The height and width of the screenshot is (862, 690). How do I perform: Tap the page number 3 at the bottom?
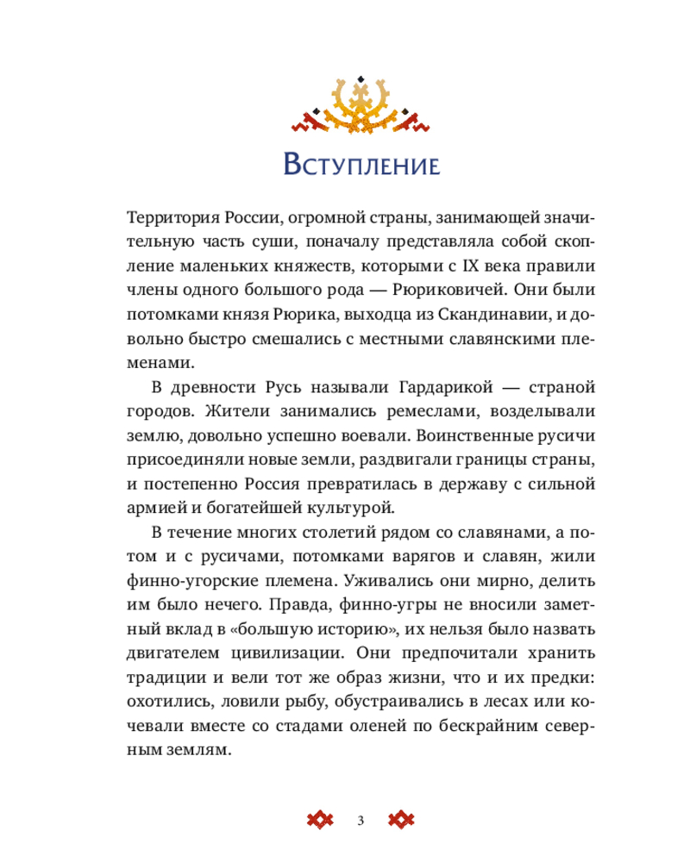[x=361, y=819]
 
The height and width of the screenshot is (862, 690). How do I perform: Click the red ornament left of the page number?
[x=320, y=819]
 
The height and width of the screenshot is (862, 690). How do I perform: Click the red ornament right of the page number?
[x=403, y=819]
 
